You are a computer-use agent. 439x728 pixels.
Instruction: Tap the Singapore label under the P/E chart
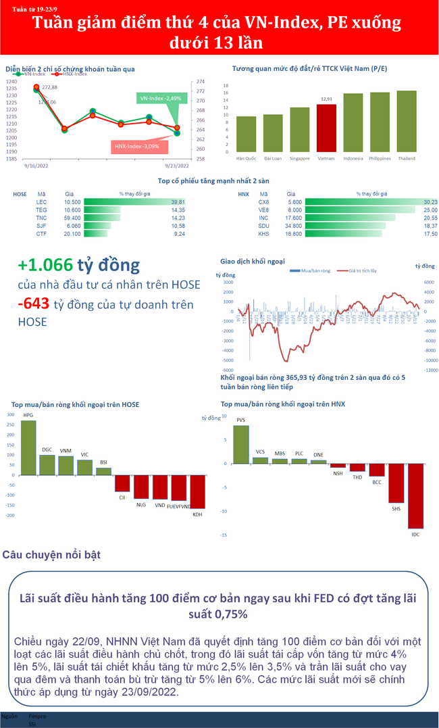point(299,158)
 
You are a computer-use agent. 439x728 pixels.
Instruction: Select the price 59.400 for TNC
point(72,218)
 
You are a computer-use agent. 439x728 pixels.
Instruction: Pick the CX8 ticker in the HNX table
point(263,202)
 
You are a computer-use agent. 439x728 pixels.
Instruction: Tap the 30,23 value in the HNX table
point(430,202)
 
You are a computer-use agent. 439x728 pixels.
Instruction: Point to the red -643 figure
point(33,304)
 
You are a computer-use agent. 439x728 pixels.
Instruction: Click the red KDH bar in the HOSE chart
point(197,491)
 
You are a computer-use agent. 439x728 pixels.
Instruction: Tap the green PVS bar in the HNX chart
point(241,444)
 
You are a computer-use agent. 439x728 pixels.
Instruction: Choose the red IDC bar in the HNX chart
point(415,495)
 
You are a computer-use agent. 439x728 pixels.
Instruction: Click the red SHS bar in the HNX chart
point(396,483)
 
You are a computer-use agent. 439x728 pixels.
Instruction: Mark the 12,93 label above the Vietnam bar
point(326,99)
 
